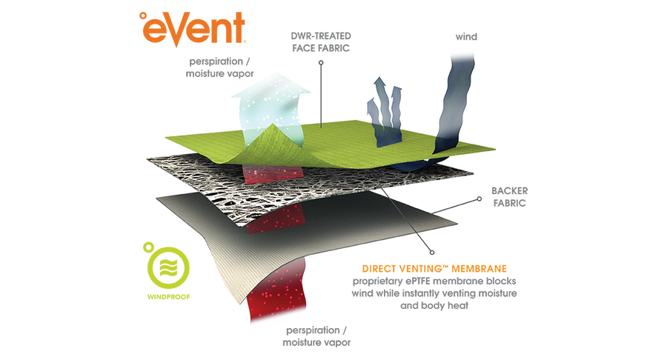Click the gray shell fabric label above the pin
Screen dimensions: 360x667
(x=321, y=41)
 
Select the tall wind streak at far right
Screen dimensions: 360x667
(x=453, y=104)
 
